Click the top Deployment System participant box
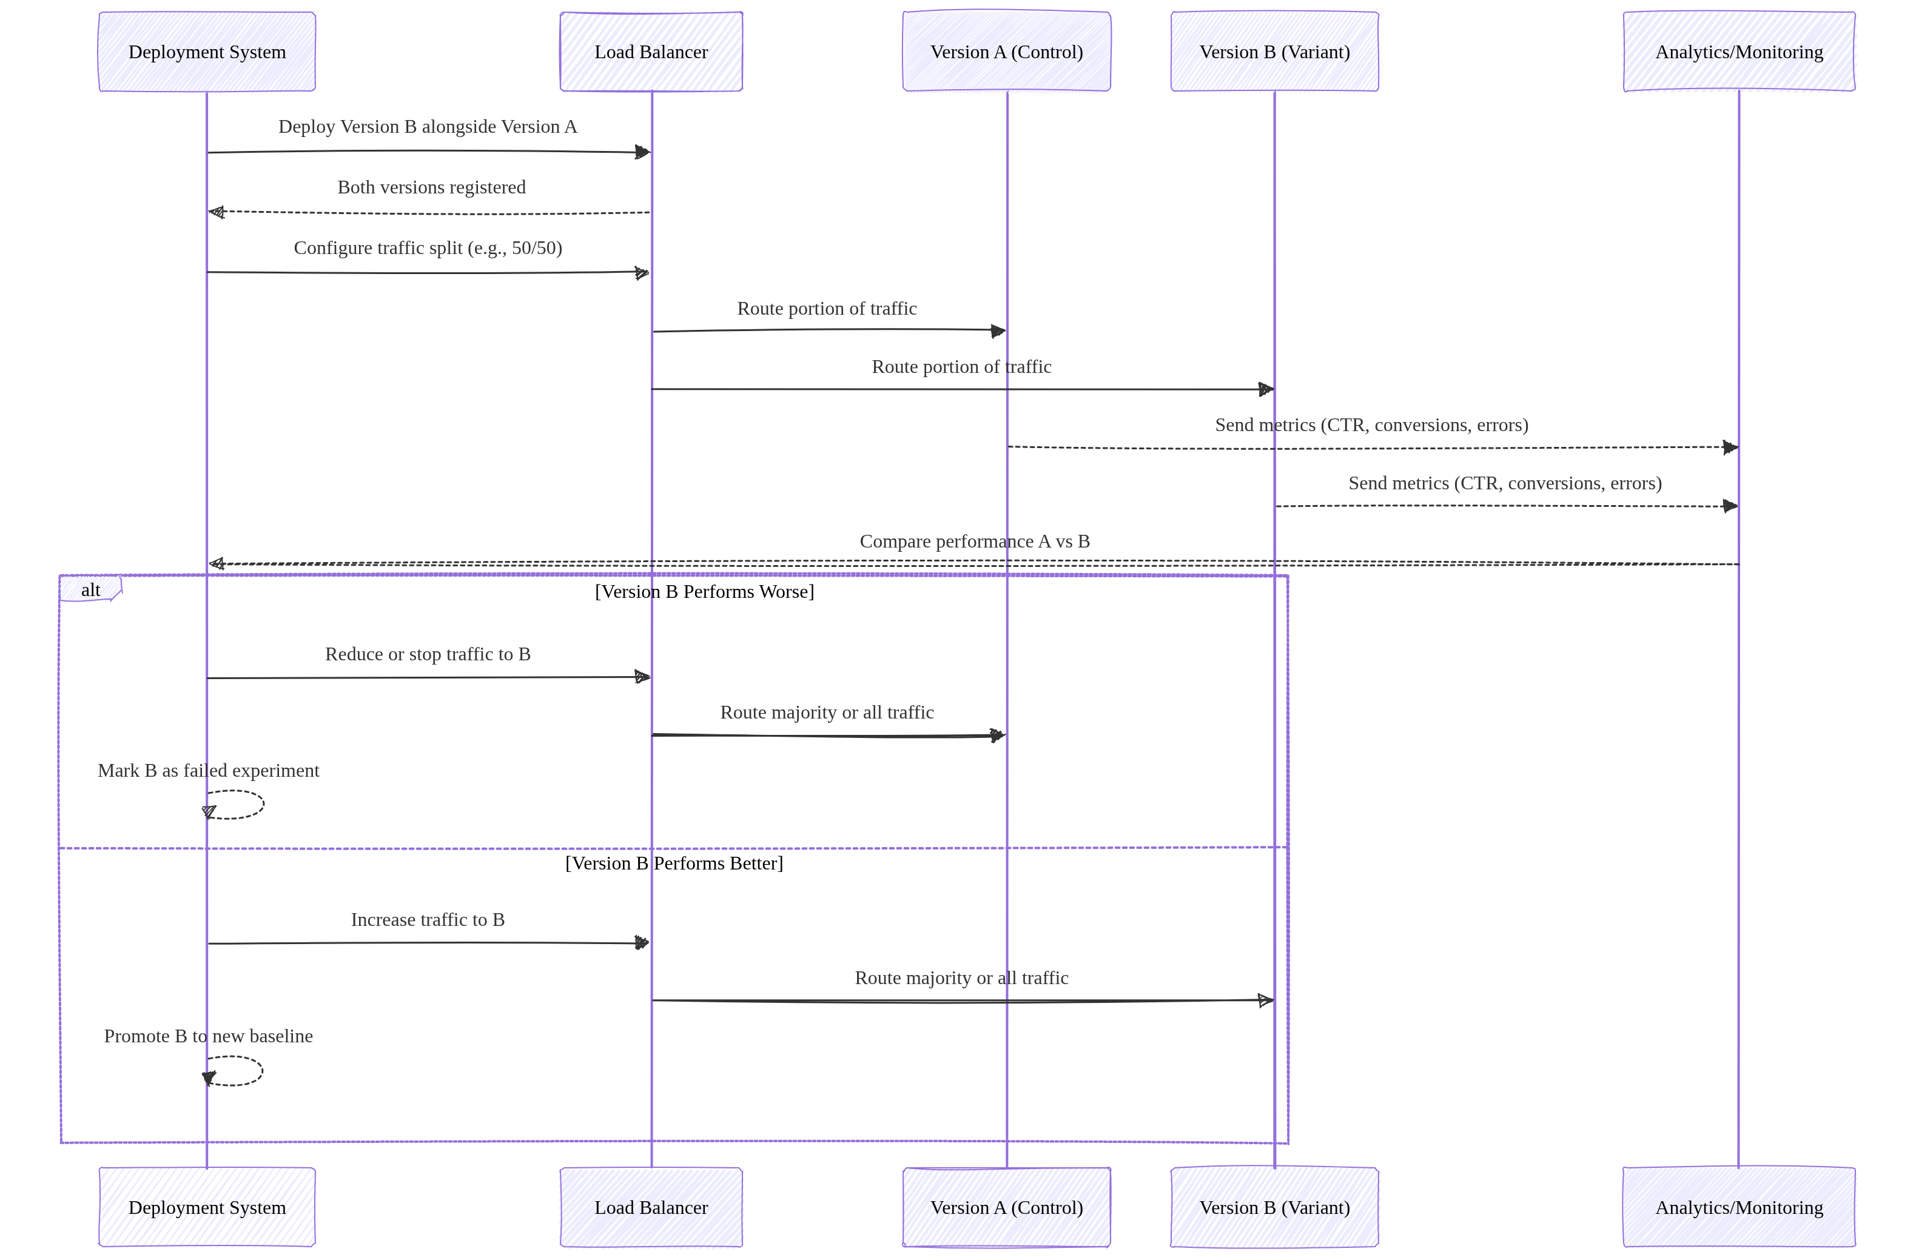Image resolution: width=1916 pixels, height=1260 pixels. [x=207, y=52]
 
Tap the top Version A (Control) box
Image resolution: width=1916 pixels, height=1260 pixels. [x=1006, y=52]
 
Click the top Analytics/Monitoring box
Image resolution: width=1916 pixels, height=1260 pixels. [x=1739, y=52]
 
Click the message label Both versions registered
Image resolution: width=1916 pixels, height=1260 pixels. [x=431, y=187]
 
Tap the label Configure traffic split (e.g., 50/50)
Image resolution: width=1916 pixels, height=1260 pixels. [x=428, y=248]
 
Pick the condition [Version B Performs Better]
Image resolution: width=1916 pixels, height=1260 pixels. [x=674, y=863]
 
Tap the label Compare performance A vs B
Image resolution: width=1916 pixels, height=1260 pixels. [x=974, y=541]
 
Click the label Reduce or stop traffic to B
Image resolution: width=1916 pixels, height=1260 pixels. [x=428, y=654]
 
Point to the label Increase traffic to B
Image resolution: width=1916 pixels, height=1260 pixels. [x=428, y=920]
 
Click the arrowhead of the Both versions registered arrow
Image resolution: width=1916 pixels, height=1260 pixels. [x=216, y=212]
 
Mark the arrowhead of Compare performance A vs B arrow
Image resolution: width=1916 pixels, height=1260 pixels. [x=216, y=564]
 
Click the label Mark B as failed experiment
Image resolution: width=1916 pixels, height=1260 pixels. [x=209, y=771]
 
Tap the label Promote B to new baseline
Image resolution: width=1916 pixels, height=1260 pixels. [x=209, y=1036]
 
